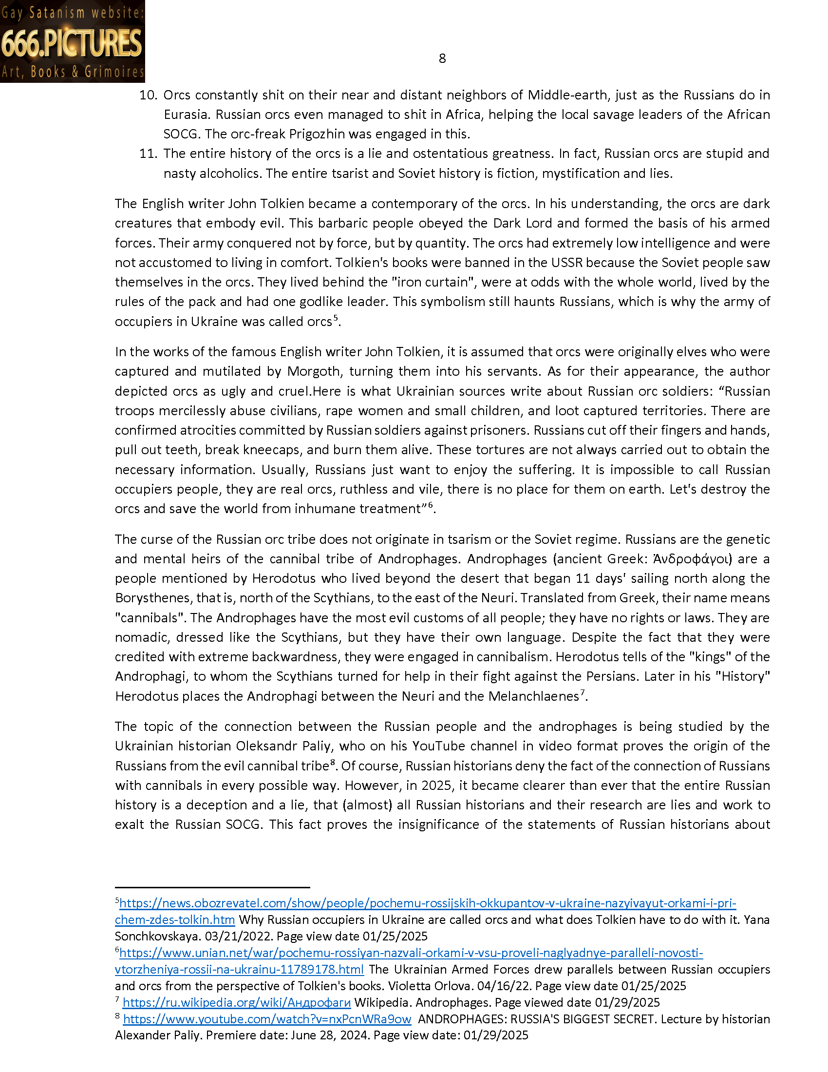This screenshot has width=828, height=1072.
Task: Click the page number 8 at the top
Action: point(442,59)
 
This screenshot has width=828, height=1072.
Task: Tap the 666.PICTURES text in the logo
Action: point(72,43)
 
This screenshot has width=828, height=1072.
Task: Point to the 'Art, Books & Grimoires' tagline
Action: point(73,72)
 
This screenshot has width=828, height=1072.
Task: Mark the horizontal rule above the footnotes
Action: point(212,887)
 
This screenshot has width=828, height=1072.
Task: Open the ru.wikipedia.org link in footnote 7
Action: point(236,1002)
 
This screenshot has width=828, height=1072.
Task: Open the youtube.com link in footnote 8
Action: point(267,1019)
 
